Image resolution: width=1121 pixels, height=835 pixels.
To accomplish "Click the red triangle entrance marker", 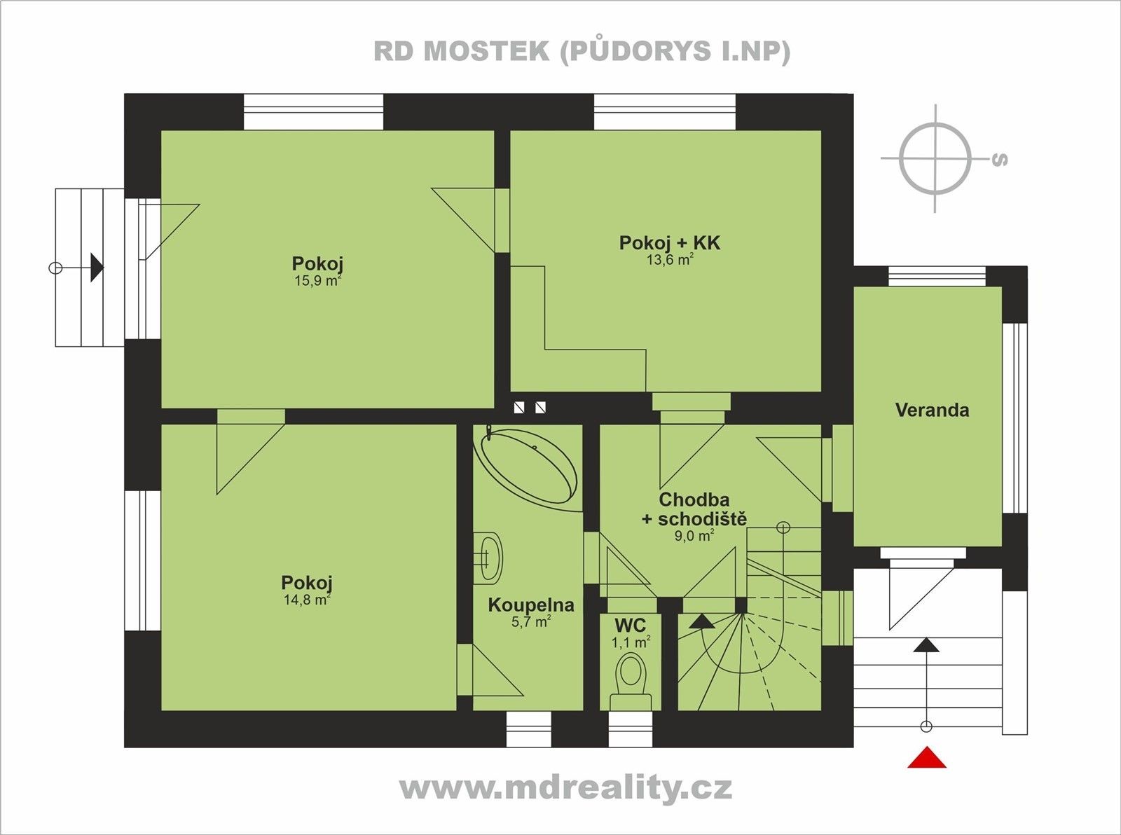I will pyautogui.click(x=926, y=759).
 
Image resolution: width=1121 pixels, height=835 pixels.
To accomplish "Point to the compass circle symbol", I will pyautogui.click(x=935, y=158).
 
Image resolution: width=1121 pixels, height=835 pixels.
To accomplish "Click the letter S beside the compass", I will pyautogui.click(x=1000, y=160).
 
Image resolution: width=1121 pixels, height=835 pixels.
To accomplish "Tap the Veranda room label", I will pyautogui.click(x=932, y=410).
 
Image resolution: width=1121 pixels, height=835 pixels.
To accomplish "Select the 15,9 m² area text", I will pyautogui.click(x=317, y=282).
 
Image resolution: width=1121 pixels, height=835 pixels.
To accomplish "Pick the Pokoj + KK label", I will pyautogui.click(x=669, y=243).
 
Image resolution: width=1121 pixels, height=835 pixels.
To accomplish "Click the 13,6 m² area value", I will pyautogui.click(x=669, y=260).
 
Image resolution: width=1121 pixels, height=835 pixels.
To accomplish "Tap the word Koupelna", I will pyautogui.click(x=530, y=605).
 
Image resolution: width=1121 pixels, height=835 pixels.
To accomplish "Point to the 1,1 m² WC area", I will pyautogui.click(x=631, y=642).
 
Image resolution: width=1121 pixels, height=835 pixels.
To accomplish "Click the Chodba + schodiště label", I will pyautogui.click(x=694, y=509).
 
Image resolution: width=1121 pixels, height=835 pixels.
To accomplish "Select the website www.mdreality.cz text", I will pyautogui.click(x=566, y=788).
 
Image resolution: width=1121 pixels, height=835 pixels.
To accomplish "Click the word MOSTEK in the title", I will pyautogui.click(x=486, y=52).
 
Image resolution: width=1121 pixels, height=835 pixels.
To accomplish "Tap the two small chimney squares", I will pyautogui.click(x=530, y=407).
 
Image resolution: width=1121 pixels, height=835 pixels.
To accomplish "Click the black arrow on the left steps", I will pyautogui.click(x=97, y=268).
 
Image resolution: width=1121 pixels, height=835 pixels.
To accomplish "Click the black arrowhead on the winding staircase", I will pyautogui.click(x=701, y=621).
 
